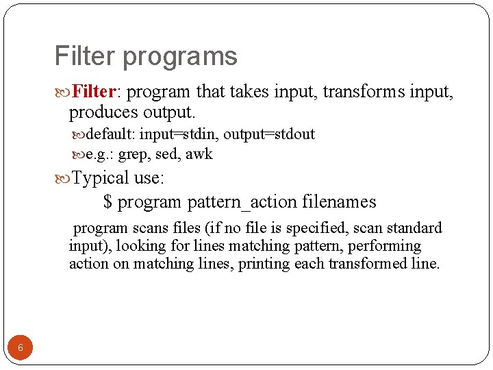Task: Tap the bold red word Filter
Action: (94, 91)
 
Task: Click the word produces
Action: (103, 111)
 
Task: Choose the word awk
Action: (199, 155)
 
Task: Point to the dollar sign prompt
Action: (108, 202)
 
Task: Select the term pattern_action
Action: (242, 203)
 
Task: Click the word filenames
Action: (339, 202)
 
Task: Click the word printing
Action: (264, 264)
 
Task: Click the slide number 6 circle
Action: (20, 347)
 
